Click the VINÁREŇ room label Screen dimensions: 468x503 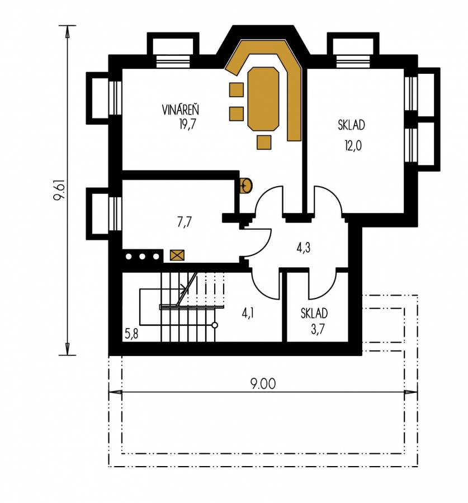tap(181, 110)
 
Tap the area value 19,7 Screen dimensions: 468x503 tap(187, 124)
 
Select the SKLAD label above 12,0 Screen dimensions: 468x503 tap(351, 125)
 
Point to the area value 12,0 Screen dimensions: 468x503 tap(353, 145)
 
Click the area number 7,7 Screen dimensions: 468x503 tap(185, 222)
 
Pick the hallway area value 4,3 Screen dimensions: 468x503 tap(303, 248)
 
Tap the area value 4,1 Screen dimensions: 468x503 tap(248, 313)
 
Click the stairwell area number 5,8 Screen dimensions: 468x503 tap(131, 334)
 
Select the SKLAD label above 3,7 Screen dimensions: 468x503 tap(314, 313)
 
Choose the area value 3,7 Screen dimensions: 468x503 tap(318, 329)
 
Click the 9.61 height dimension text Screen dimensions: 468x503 tap(59, 190)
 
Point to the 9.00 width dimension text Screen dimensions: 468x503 tap(263, 383)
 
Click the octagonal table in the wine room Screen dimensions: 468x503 tap(263, 99)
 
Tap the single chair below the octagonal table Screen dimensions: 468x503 tap(264, 142)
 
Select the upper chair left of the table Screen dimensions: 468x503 tap(237, 89)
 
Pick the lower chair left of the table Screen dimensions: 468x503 tap(237, 113)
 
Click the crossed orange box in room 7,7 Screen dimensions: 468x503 tap(177, 255)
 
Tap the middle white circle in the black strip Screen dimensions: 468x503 tap(142, 257)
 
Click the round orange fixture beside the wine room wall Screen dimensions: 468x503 tap(246, 186)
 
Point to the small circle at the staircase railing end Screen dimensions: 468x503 tap(215, 325)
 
